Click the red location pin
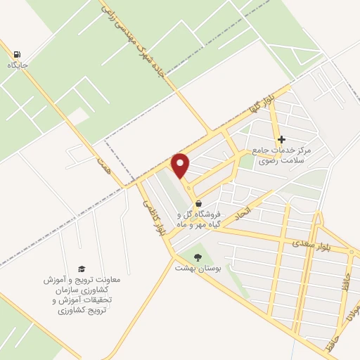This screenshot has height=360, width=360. tap(181, 165)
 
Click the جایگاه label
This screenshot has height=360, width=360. tap(17, 65)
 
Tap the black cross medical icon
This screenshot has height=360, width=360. tap(282, 139)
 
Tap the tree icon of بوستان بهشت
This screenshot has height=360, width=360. tap(198, 257)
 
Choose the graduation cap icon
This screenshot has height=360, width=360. tap(82, 269)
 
